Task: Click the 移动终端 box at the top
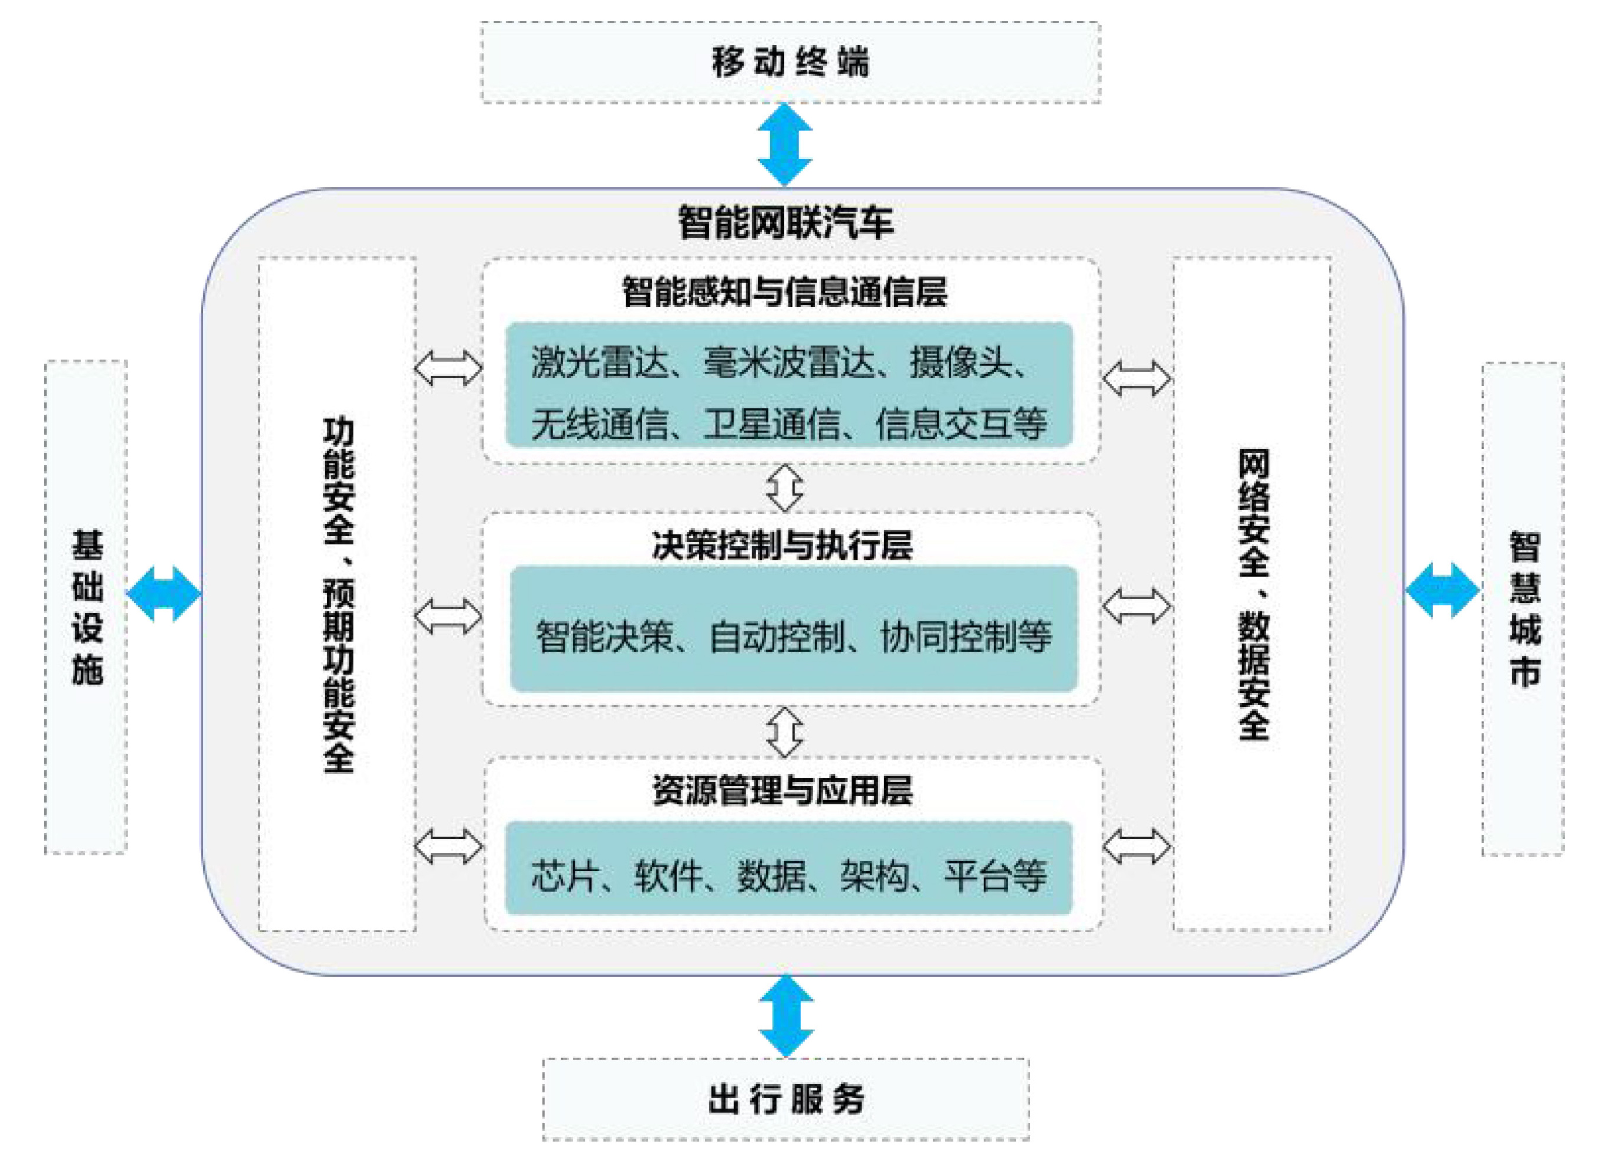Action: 790,62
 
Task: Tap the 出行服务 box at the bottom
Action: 786,1099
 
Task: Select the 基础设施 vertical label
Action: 86,607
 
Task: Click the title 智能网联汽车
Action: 785,222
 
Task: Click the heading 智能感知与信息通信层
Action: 785,292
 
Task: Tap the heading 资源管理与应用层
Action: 782,791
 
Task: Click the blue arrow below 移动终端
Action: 785,145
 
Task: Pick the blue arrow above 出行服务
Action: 786,1016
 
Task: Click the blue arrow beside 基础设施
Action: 164,594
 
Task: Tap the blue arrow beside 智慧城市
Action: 1442,590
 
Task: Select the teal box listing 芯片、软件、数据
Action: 788,868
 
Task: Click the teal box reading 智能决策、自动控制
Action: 794,628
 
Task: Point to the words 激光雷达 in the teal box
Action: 599,363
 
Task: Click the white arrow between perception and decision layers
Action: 785,488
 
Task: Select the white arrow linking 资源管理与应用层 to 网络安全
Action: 1136,846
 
